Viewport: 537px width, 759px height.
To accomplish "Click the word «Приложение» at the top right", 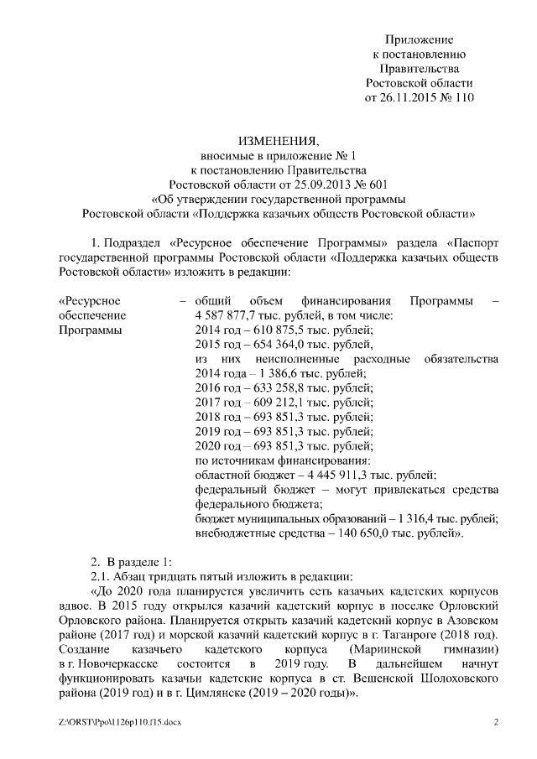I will tap(420, 39).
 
